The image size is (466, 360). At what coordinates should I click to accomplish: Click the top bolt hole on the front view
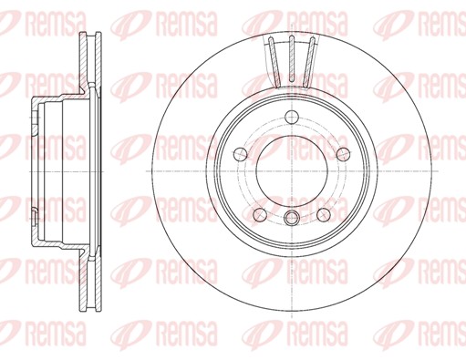[x=292, y=118]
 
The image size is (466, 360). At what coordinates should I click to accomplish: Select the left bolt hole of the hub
[x=241, y=154]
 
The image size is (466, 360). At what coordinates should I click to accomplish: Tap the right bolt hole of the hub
[x=344, y=154]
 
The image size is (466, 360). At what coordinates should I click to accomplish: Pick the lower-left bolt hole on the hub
[x=260, y=214]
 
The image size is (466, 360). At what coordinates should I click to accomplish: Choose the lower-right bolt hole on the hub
[x=324, y=214]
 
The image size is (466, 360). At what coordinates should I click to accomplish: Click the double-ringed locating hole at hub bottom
[x=292, y=218]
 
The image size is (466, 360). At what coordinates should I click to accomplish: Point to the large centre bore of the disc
[x=292, y=171]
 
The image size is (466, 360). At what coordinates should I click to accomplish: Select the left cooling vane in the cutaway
[x=274, y=62]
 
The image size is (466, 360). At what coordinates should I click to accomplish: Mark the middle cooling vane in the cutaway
[x=292, y=58]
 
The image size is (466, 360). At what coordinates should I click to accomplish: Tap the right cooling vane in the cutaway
[x=309, y=62]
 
